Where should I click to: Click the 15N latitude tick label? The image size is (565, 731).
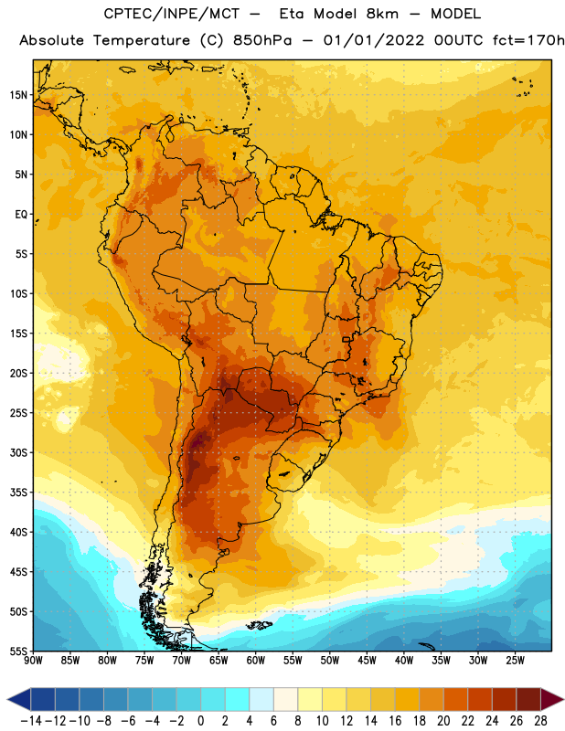coord(18,95)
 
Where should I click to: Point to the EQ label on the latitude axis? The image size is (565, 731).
coord(21,215)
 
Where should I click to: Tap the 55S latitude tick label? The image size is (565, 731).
coord(18,652)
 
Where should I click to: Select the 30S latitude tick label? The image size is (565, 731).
coord(18,452)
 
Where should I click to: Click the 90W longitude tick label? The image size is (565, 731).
coord(34,661)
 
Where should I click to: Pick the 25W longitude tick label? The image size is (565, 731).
coord(515,661)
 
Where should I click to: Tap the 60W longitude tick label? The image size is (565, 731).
coord(256,661)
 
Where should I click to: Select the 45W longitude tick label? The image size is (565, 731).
coord(368,661)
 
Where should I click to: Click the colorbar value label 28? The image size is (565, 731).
coord(540,721)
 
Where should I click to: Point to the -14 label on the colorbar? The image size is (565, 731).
coord(32,721)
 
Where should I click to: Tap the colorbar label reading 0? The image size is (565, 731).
coord(200,721)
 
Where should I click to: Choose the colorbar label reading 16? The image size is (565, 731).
coord(395,721)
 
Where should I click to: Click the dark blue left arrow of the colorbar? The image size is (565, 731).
coord(19,699)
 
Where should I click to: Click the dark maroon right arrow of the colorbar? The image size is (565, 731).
coord(552,699)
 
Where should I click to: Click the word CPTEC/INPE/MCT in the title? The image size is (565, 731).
coord(172,14)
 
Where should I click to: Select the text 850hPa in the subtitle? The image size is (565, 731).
coord(262,40)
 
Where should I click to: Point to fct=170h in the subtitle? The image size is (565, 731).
coord(528,40)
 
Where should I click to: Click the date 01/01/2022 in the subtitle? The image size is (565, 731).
coord(374,40)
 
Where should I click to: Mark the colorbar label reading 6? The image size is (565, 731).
coord(273,721)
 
